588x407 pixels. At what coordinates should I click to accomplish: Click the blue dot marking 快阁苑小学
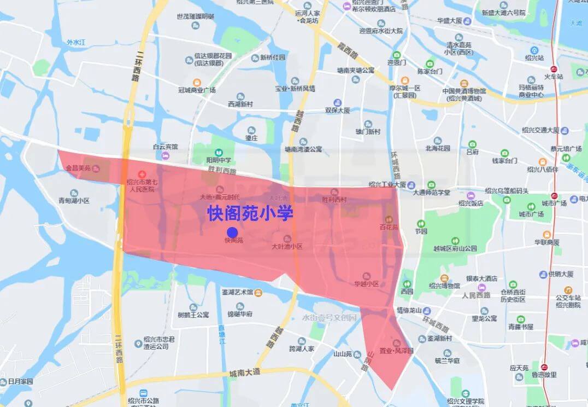click(232, 231)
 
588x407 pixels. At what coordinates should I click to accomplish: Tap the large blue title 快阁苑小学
click(250, 213)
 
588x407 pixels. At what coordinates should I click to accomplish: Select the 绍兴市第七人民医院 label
click(140, 186)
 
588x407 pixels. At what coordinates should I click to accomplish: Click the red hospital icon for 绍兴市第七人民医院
click(142, 173)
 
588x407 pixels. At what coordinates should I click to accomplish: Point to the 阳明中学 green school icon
click(219, 153)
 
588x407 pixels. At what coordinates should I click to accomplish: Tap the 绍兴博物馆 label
click(444, 286)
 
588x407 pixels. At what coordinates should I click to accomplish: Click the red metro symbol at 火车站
click(554, 69)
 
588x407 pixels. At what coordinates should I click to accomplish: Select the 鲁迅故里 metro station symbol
click(544, 367)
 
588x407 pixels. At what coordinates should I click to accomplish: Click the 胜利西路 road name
click(222, 171)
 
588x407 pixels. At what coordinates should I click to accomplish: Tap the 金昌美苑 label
click(78, 167)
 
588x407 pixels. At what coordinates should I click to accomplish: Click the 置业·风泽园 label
click(397, 351)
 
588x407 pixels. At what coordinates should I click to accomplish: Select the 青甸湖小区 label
click(74, 201)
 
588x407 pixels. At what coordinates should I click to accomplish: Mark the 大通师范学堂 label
click(432, 192)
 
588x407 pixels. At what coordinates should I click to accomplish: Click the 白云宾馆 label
click(166, 147)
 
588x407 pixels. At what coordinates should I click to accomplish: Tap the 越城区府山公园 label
click(455, 248)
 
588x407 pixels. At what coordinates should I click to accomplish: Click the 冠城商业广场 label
click(197, 90)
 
